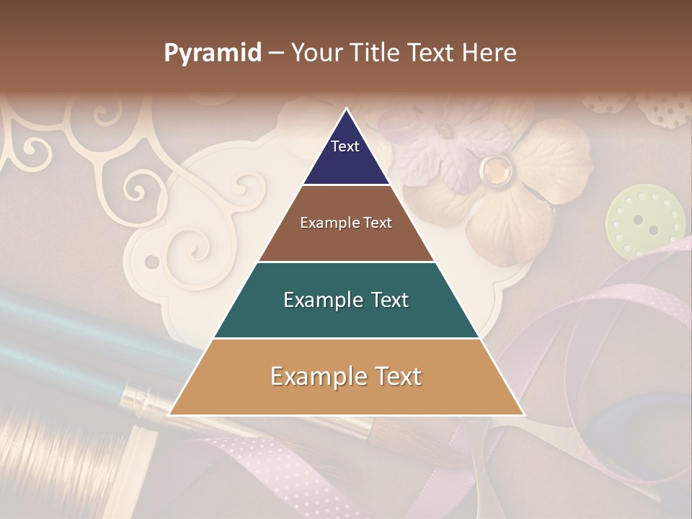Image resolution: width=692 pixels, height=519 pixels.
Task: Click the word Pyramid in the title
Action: [213, 53]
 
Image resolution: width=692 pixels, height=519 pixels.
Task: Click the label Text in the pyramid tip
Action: [345, 146]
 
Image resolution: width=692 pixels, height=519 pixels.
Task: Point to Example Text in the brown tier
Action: [346, 223]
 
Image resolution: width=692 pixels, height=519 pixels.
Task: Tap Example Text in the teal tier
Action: [346, 300]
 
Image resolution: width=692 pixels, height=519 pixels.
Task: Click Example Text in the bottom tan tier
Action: [346, 376]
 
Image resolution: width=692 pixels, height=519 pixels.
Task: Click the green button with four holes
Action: [645, 220]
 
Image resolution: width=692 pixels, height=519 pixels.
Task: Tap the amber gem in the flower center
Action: [494, 169]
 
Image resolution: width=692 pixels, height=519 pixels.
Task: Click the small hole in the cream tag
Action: [152, 261]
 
